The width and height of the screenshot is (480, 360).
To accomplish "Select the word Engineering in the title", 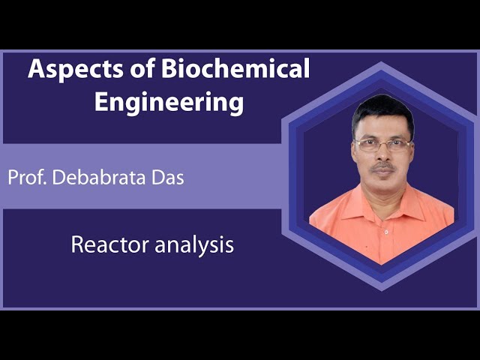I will coord(169,101).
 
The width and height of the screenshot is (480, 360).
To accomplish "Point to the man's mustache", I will coord(382,169).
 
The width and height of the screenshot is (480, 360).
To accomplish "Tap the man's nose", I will coord(382,156).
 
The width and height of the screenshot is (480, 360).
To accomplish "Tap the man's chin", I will coord(382,187).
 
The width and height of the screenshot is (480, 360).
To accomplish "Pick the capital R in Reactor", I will coord(76,244).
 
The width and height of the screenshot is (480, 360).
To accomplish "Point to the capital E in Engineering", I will coord(101,101).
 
